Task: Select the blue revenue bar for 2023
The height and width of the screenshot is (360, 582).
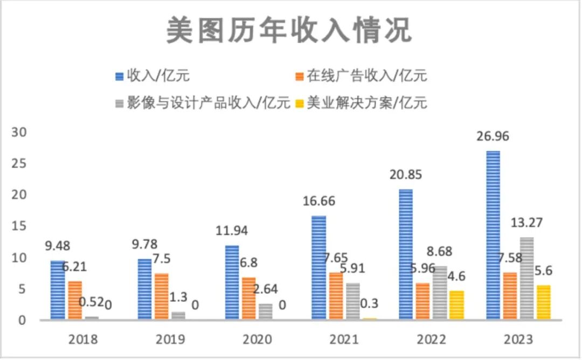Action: tap(493, 236)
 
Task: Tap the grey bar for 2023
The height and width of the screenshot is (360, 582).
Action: tap(527, 279)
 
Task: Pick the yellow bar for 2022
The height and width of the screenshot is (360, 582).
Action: tap(456, 306)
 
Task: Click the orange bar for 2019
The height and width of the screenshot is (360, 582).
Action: tap(161, 296)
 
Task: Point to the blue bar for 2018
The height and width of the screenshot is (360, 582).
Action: tap(58, 290)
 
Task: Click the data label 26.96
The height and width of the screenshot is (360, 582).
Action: tap(493, 136)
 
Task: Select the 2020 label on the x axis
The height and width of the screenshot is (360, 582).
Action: tap(258, 340)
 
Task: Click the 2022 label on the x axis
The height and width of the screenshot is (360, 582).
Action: tap(431, 340)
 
